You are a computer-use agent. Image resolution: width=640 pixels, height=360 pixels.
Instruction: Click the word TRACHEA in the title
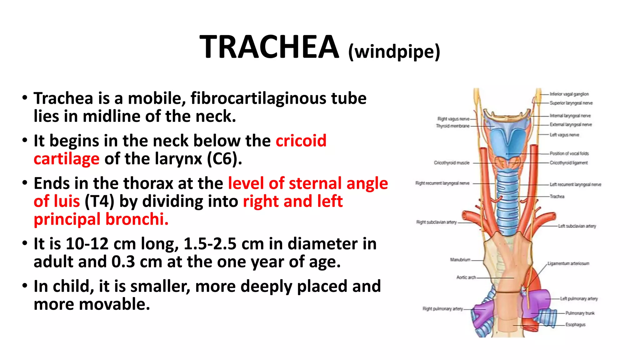(x=269, y=47)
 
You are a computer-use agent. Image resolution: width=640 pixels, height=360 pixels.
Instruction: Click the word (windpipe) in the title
(x=394, y=52)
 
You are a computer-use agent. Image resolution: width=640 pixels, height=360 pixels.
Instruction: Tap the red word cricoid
(x=301, y=141)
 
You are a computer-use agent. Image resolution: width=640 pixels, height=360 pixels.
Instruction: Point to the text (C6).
(x=224, y=159)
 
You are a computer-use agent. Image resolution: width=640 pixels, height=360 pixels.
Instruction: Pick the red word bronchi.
(x=137, y=219)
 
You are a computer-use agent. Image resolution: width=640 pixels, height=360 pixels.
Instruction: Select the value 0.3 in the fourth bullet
(x=123, y=262)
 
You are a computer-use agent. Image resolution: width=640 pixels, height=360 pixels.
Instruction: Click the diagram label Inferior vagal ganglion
(x=569, y=94)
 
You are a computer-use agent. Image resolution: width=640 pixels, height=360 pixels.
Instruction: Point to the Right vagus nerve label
(x=453, y=119)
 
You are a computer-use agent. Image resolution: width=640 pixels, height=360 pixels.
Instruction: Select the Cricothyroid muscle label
(x=451, y=163)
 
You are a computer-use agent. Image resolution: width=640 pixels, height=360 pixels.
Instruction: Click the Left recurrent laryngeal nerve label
(x=575, y=184)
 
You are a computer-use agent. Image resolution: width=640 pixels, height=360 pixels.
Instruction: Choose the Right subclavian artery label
(x=436, y=222)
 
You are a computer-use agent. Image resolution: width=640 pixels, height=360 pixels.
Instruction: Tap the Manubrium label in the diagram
(x=460, y=260)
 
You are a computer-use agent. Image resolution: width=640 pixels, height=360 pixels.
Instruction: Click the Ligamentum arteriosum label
(x=568, y=263)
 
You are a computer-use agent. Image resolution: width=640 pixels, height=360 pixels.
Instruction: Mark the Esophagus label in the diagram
(x=575, y=325)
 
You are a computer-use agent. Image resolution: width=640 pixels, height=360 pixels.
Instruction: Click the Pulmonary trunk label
(x=580, y=313)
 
